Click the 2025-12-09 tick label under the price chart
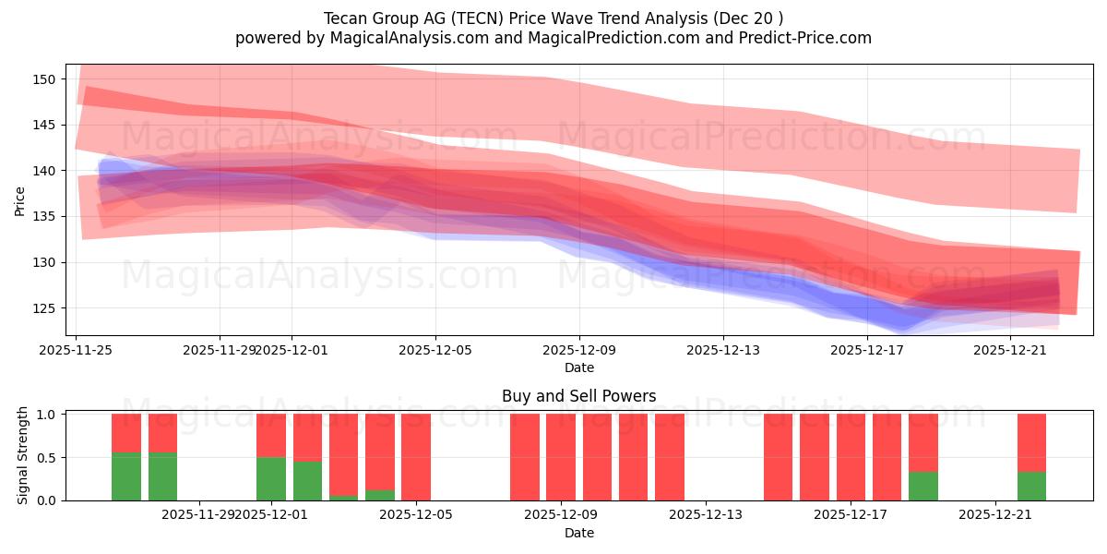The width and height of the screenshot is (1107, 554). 579,350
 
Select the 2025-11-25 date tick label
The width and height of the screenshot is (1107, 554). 77,350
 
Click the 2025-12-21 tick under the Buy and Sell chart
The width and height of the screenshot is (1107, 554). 995,514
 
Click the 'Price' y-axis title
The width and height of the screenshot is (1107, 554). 20,200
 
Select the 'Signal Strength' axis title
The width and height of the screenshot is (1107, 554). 23,455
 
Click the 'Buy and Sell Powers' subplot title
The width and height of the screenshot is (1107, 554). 579,396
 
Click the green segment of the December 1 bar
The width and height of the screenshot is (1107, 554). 271,478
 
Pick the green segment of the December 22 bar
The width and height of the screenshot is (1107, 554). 1031,486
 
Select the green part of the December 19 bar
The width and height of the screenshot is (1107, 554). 922,486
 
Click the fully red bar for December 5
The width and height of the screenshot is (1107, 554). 416,457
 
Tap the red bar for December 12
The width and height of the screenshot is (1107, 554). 670,457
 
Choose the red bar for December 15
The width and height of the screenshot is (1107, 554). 778,457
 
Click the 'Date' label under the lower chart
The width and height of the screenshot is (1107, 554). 579,533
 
